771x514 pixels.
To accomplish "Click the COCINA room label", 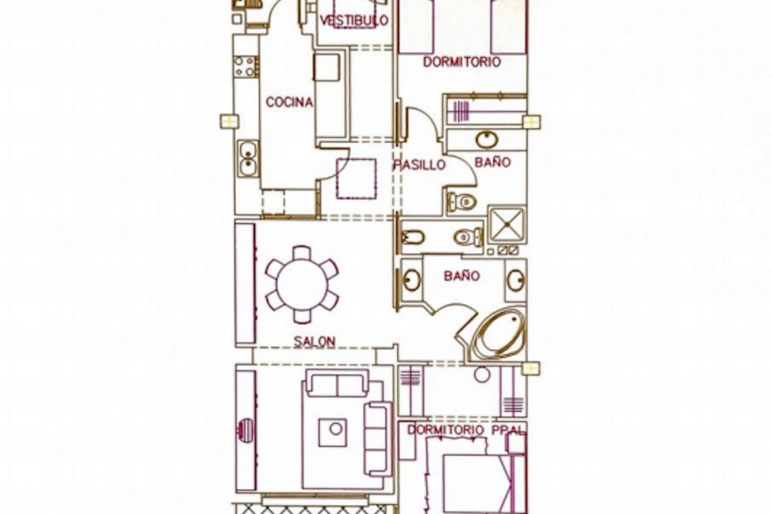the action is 289,102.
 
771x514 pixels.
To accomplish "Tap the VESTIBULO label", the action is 354,20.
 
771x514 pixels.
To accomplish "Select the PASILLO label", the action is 419,164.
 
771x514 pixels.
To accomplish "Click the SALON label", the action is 315,340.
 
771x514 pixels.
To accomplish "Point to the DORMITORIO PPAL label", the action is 466,429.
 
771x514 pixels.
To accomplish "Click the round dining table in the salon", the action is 302,285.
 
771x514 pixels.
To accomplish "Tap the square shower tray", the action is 507,225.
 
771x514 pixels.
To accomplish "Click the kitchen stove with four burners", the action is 245,66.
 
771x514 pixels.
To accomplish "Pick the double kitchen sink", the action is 247,158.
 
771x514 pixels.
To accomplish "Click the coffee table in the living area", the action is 332,433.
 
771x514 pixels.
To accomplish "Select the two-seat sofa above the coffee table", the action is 338,383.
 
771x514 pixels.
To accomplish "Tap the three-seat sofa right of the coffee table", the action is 378,438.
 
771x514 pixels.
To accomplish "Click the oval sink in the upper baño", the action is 487,140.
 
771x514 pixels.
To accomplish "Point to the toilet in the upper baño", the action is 462,201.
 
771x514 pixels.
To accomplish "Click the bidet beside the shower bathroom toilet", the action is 412,237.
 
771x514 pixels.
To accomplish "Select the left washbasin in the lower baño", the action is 412,280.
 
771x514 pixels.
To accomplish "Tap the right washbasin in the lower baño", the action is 516,280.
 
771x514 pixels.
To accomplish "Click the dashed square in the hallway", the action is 356,178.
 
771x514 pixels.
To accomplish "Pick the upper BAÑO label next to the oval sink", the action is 493,162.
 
